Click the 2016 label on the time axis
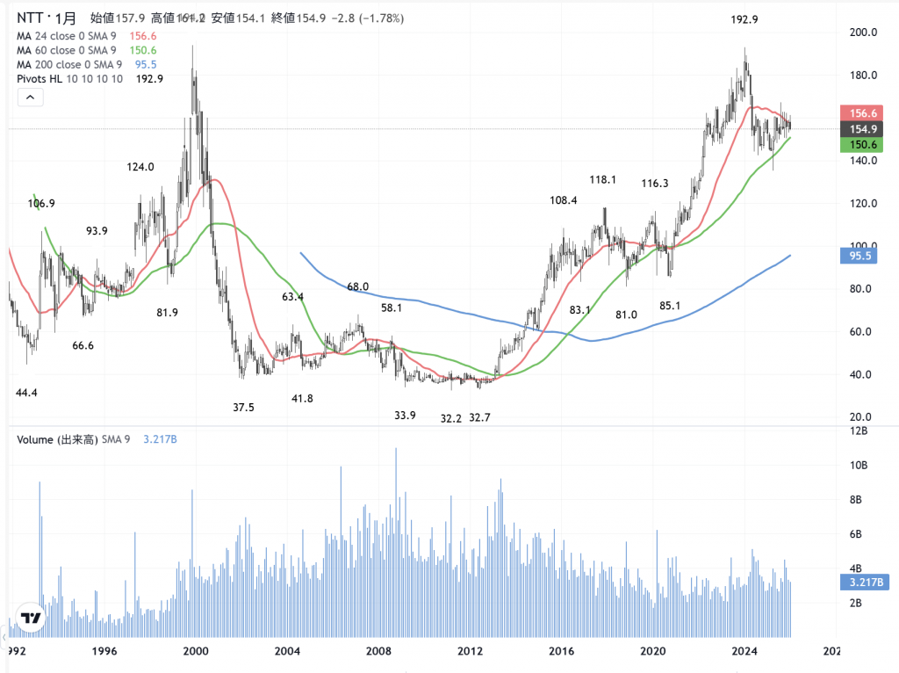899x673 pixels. click(x=561, y=651)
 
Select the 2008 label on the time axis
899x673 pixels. click(x=378, y=651)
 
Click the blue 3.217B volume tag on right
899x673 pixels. click(x=865, y=582)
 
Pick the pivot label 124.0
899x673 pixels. click(x=140, y=167)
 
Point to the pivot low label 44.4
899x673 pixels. click(x=27, y=392)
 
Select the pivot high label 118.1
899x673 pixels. click(x=603, y=180)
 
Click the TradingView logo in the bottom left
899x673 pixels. click(x=32, y=618)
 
